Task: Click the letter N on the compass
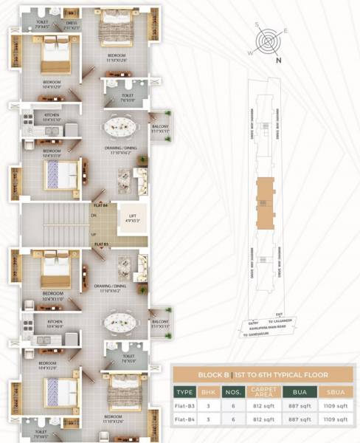(x=278, y=61)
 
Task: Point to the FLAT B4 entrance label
(x=101, y=204)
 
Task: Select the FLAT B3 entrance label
(x=101, y=243)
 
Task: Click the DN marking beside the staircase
(x=94, y=216)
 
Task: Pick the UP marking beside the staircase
(x=94, y=234)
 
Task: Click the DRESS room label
(x=72, y=23)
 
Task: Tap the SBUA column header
(x=337, y=392)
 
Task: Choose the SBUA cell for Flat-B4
(x=337, y=419)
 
